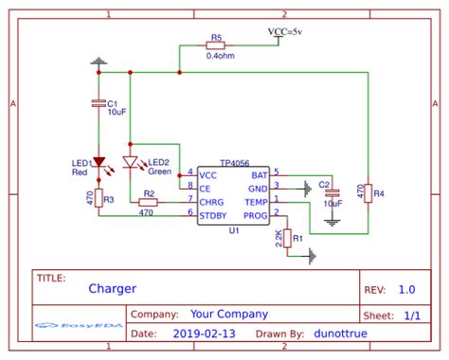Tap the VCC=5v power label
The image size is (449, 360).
(x=285, y=32)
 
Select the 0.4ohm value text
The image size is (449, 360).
(x=217, y=55)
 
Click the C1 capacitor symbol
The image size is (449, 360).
(x=98, y=102)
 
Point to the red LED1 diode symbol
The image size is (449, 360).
(x=98, y=162)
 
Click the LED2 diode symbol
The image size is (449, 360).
(x=131, y=162)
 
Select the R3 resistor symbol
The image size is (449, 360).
(x=98, y=200)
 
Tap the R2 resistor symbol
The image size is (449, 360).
(x=147, y=201)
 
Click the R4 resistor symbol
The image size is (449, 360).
(x=368, y=193)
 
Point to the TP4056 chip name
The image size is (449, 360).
(x=233, y=164)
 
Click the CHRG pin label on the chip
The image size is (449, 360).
(x=210, y=201)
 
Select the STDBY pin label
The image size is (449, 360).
(x=212, y=214)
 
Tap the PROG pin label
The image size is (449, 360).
(x=256, y=214)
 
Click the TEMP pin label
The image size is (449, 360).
(x=256, y=201)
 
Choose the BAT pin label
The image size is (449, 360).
(x=260, y=175)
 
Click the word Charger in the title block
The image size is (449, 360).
(x=113, y=289)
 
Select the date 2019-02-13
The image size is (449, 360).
(x=206, y=333)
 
